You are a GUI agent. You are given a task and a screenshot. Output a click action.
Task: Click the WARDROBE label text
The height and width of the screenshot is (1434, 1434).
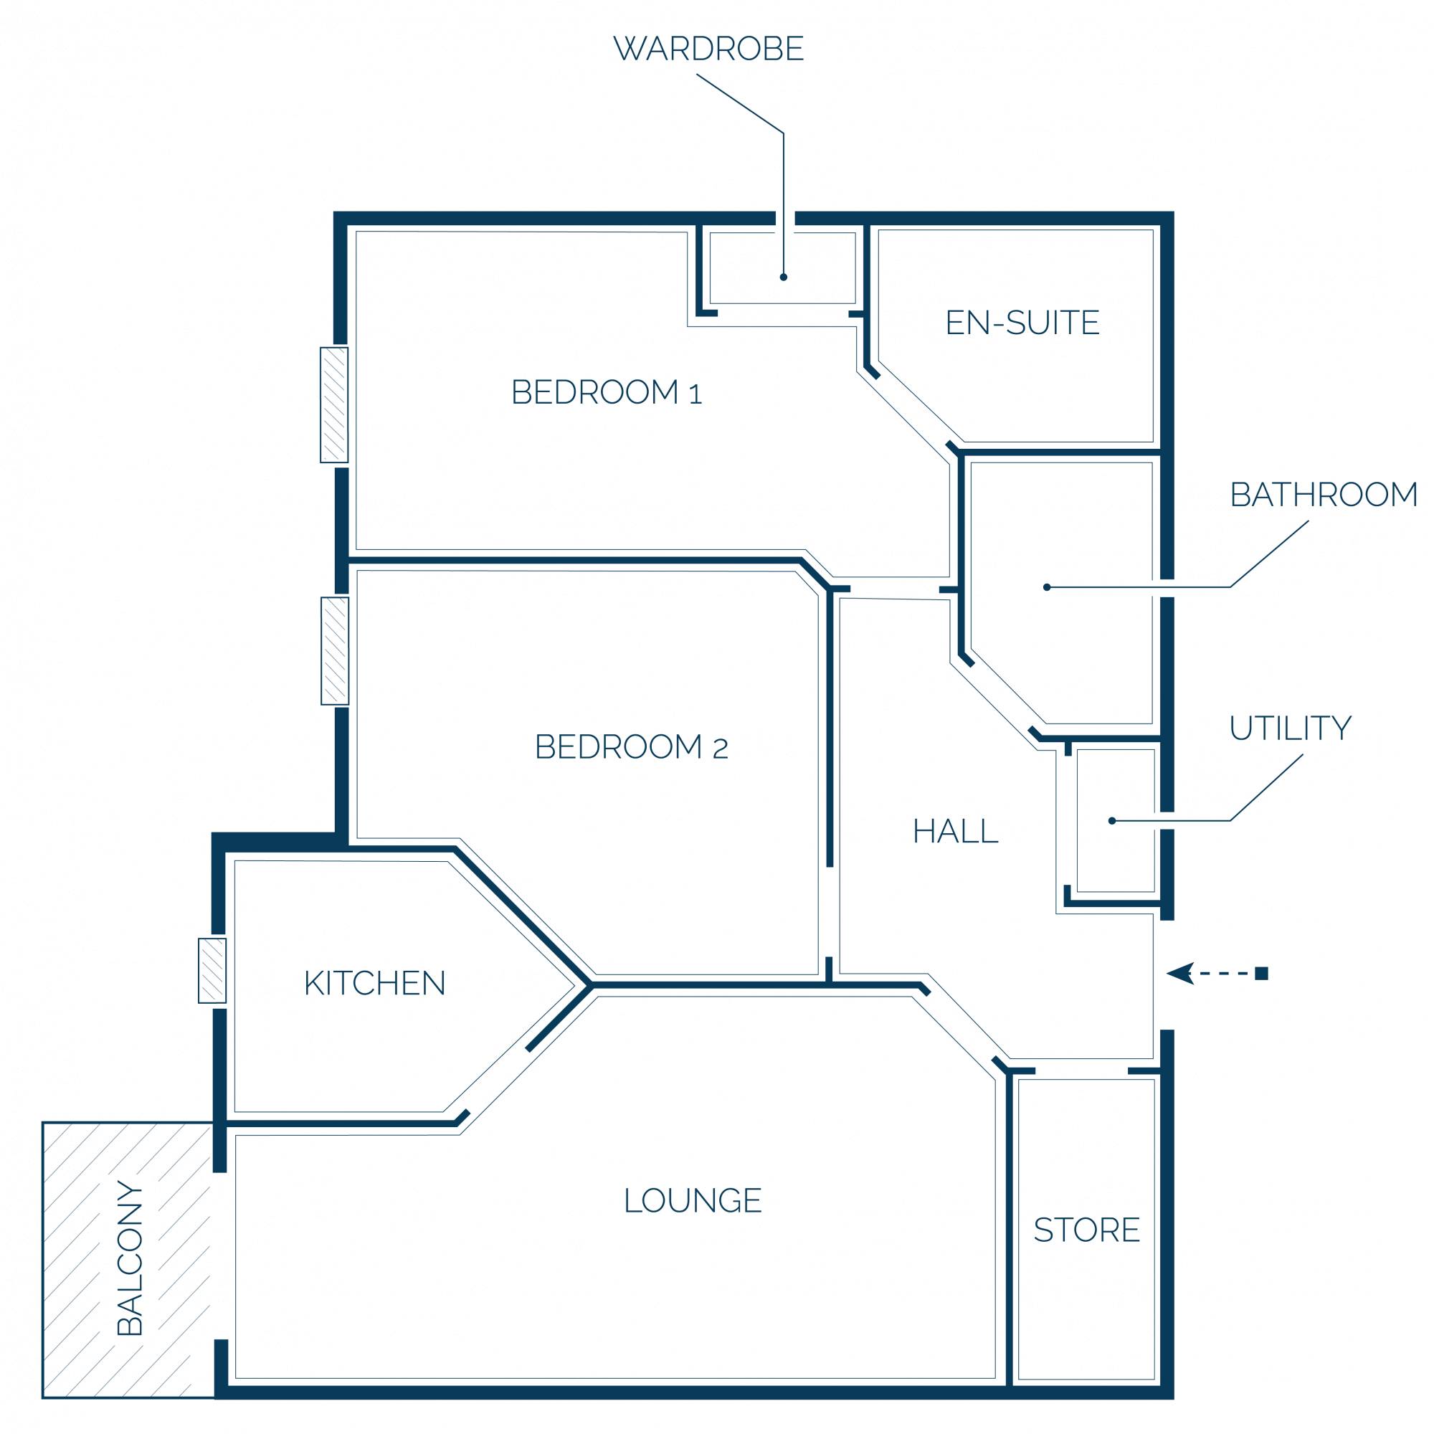(708, 48)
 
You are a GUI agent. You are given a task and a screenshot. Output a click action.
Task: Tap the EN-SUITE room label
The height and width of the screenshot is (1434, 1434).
(1022, 323)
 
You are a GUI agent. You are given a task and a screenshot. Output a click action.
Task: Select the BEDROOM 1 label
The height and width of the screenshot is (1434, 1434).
(607, 393)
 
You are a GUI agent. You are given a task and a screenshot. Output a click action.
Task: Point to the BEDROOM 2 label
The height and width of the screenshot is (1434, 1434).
(631, 747)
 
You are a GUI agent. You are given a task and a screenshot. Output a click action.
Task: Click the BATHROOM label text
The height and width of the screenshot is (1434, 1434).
(1324, 495)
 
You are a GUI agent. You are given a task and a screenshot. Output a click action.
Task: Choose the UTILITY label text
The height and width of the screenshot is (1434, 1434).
(1291, 729)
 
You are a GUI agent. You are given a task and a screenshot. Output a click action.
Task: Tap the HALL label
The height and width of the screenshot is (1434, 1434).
(955, 831)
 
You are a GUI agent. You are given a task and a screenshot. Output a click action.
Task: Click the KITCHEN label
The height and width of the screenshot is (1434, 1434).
(375, 984)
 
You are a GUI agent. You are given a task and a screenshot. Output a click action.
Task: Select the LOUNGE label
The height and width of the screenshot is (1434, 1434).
(693, 1200)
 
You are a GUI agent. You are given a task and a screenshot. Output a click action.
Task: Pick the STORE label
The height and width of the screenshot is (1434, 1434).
(1087, 1230)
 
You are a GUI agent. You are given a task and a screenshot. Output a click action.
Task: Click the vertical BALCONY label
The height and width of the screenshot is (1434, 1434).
(130, 1258)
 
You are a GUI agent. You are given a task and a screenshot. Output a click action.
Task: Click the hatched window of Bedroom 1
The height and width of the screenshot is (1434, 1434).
(334, 405)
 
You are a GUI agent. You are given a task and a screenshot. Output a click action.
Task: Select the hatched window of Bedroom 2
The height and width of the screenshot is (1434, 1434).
(335, 651)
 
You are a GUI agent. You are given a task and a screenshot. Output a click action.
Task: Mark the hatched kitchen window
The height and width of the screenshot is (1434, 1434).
(212, 971)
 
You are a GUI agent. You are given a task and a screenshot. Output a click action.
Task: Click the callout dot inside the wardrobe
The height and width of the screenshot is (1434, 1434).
(783, 277)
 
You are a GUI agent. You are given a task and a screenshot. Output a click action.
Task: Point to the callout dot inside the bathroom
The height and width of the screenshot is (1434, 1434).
(1047, 588)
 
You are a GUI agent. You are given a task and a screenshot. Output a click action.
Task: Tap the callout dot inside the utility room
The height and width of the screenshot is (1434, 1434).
(1112, 821)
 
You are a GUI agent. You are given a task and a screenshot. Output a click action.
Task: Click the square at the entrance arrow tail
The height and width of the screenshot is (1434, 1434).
(1262, 974)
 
